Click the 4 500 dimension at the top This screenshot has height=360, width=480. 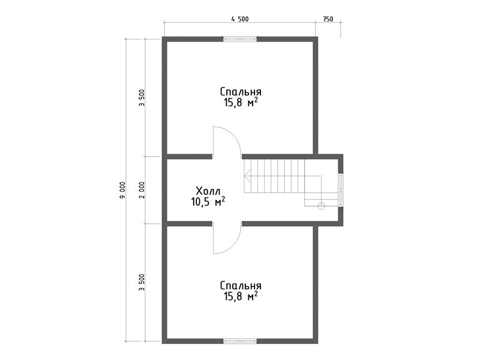[240, 19]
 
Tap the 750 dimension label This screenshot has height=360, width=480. [328, 19]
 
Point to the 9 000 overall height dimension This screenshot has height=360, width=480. [122, 190]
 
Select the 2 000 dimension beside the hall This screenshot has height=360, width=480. [142, 190]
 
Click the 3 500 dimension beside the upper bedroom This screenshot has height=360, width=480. [142, 97]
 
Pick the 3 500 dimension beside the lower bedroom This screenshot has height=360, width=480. [142, 282]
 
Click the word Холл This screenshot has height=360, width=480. [208, 191]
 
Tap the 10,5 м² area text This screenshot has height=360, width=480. [208, 202]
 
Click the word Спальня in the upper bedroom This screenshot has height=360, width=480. [241, 92]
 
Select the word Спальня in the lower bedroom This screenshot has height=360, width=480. [241, 286]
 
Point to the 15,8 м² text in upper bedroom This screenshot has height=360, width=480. [241, 102]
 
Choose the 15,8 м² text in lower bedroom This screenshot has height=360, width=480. [241, 296]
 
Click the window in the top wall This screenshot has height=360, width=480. [239, 39]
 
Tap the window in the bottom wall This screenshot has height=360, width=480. [239, 341]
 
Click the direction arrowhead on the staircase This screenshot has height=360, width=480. [246, 176]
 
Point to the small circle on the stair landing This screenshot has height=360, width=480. [321, 206]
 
